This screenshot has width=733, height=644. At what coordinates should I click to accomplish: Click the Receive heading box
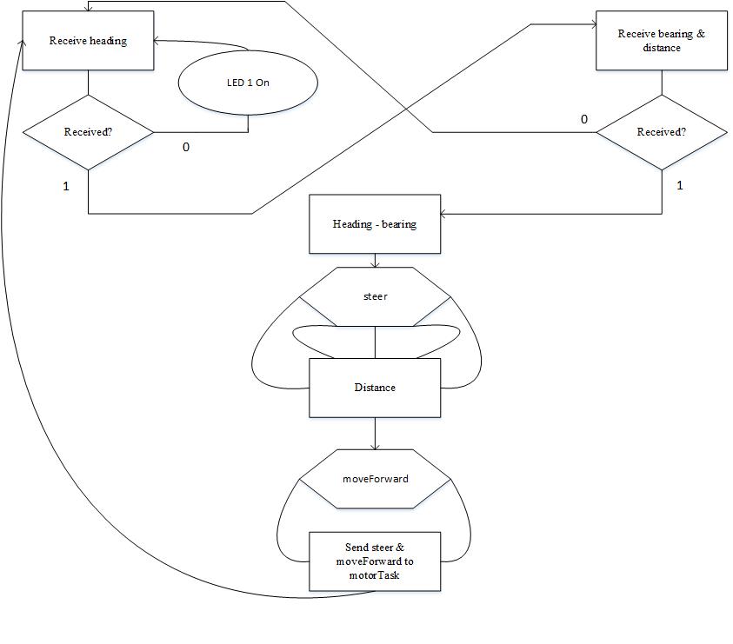pos(89,41)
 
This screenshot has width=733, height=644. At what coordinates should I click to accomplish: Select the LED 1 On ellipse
pos(248,83)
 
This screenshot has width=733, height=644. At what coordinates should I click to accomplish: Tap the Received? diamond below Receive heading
pos(89,132)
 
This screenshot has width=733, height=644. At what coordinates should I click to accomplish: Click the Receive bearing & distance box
pos(662,41)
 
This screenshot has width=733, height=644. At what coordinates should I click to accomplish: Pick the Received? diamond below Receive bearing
pos(662,132)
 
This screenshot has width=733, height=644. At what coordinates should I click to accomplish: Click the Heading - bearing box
pos(375,224)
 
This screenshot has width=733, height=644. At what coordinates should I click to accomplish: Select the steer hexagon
pos(375,296)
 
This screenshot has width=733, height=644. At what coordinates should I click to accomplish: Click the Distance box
pos(375,388)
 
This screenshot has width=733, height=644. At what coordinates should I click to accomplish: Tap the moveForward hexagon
pos(375,479)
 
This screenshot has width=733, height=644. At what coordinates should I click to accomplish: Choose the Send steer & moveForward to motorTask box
pos(375,561)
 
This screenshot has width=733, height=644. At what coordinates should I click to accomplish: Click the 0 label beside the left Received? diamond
pos(186,147)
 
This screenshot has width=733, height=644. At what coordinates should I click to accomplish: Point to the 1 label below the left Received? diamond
pos(66,187)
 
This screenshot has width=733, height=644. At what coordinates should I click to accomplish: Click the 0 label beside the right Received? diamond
pos(583,120)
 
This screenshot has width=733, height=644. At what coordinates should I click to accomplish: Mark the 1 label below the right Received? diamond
pos(680,185)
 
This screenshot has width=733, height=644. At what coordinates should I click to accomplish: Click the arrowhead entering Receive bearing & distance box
pos(594,24)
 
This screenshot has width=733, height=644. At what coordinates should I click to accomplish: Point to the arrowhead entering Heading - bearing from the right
pos(443,214)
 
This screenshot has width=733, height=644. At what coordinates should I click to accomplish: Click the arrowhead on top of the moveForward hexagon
pos(375,448)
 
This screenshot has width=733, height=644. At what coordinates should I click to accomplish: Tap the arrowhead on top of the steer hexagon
pos(375,265)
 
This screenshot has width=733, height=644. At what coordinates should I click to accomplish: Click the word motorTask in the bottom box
pos(374,575)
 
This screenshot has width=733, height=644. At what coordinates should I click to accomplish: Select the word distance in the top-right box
pos(662,48)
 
